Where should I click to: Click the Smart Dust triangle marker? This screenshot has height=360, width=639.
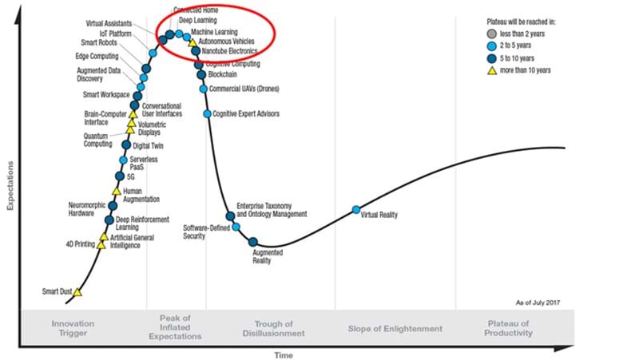tap(77, 292)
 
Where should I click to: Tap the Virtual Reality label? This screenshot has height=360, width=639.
tap(379, 215)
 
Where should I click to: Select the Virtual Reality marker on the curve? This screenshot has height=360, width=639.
tap(356, 210)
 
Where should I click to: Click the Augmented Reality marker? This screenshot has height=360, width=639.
tap(253, 242)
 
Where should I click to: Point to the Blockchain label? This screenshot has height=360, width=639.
tap(223, 75)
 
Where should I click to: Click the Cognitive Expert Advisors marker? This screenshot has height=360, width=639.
tap(207, 114)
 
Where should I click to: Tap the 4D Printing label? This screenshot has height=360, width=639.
tap(81, 245)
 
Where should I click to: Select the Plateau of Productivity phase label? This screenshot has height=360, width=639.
tap(508, 328)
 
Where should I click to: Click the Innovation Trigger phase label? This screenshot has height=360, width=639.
tap(73, 328)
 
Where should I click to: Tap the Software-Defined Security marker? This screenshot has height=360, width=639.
tap(236, 227)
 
